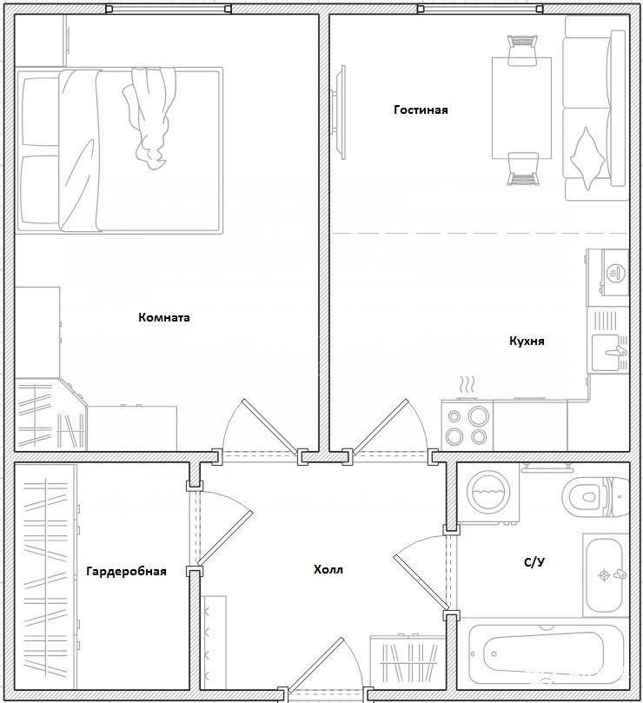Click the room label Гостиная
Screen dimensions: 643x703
point(421,109)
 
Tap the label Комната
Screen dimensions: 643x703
point(164,317)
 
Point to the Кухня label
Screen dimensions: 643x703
point(527,341)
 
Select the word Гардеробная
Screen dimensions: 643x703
point(127,571)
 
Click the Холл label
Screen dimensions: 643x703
point(328,569)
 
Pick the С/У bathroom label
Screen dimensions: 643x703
point(534,561)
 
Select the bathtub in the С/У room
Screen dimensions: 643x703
point(546,653)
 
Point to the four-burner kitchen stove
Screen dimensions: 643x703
point(467,425)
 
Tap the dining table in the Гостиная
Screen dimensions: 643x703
point(521,108)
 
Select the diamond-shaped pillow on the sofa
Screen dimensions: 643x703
point(587,158)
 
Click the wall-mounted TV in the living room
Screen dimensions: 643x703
point(339,112)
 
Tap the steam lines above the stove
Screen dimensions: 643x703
point(467,384)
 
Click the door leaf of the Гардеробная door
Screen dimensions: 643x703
point(225,537)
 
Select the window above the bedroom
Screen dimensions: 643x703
point(169,9)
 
